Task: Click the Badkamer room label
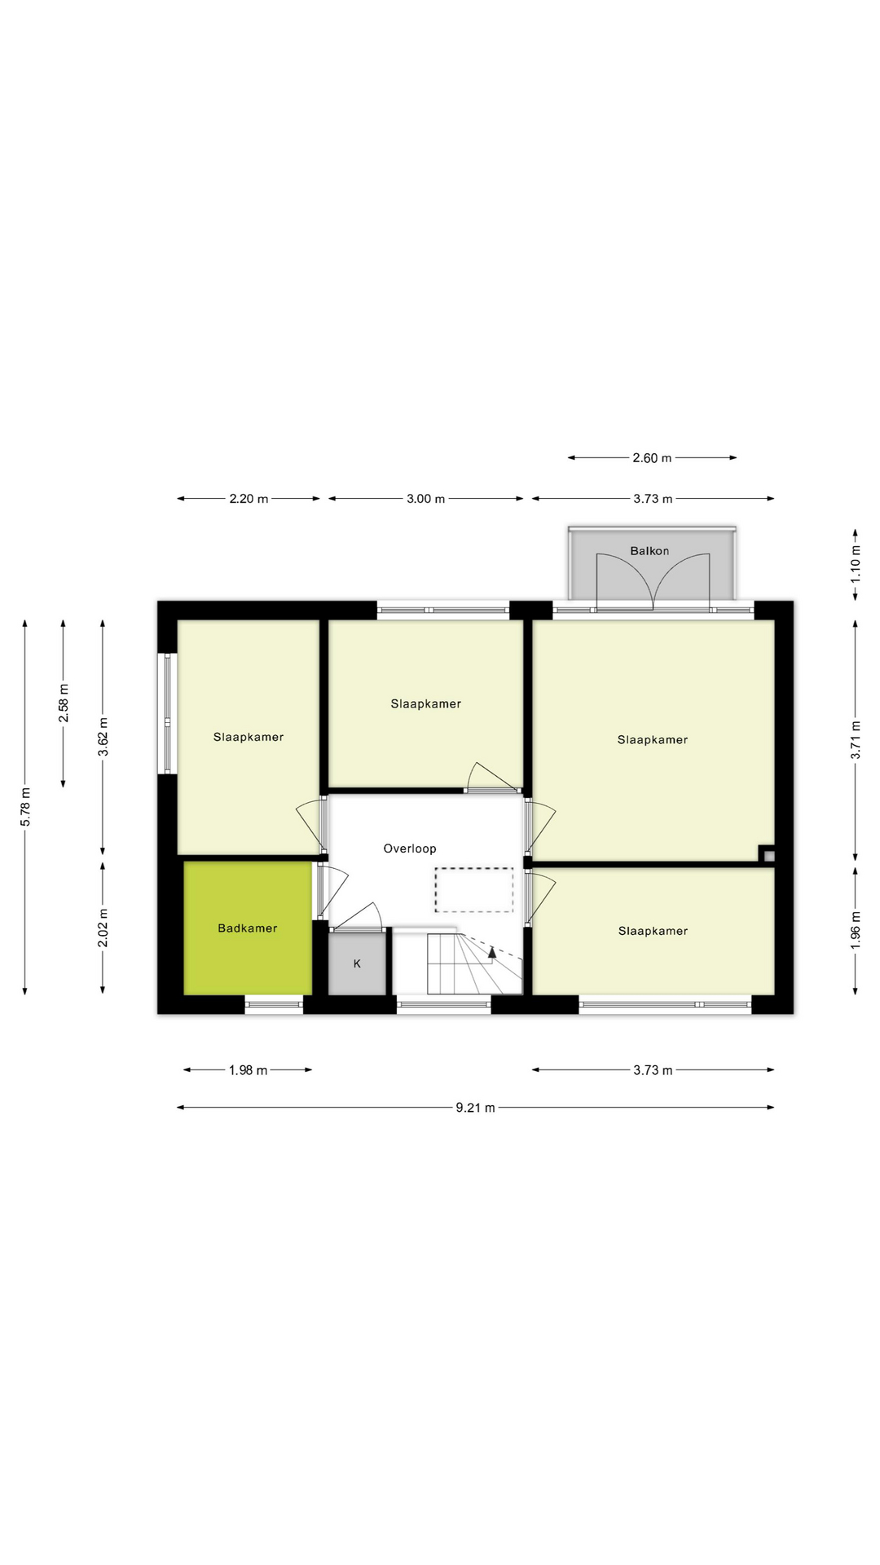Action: (x=247, y=928)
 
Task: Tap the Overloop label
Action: (x=410, y=849)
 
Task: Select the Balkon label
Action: (x=649, y=551)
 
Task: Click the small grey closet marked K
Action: (x=357, y=963)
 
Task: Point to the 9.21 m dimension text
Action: (x=475, y=1108)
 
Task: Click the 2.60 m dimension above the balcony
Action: (x=652, y=458)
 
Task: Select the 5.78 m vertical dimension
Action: (x=25, y=807)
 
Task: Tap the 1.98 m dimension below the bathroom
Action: (x=248, y=1070)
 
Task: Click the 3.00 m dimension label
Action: (x=425, y=499)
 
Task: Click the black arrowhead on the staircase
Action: (x=492, y=951)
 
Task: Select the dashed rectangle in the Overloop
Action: (x=473, y=889)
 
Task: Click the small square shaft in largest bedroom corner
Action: (x=768, y=856)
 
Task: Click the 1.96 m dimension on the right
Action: (x=856, y=930)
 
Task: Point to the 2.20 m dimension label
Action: (x=249, y=499)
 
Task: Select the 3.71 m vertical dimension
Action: (x=856, y=740)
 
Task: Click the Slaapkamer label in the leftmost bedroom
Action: (x=249, y=737)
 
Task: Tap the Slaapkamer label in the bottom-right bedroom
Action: (x=653, y=931)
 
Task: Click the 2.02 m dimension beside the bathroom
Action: (x=103, y=928)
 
